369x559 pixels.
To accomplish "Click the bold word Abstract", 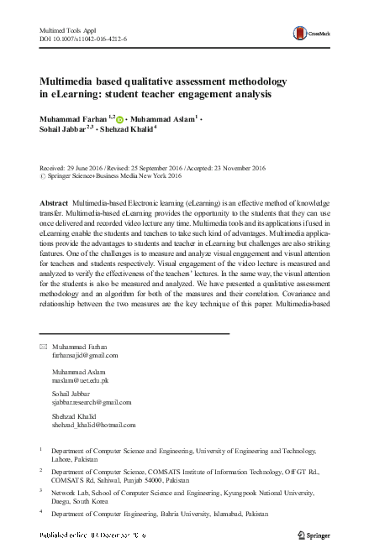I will click(x=55, y=205).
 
